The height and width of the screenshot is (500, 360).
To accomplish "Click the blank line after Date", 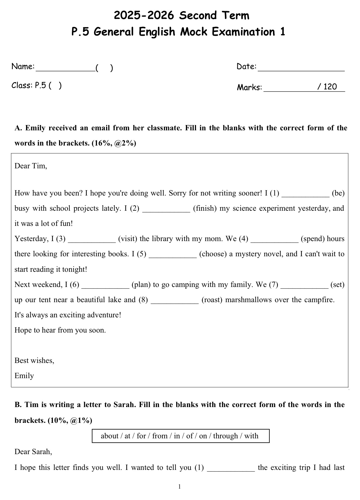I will click(301, 70).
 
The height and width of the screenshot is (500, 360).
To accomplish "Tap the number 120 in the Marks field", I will click(330, 87).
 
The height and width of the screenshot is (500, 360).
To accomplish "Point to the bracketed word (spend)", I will click(313, 239).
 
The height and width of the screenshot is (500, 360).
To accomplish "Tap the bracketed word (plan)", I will click(141, 285).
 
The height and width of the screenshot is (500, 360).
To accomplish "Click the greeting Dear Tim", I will click(31, 166).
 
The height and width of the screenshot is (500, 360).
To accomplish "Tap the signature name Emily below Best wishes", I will click(24, 376).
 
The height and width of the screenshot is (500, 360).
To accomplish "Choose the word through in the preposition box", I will click(225, 436).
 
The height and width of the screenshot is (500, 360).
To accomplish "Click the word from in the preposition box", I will click(160, 436).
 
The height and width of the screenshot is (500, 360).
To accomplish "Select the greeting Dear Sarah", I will click(33, 452).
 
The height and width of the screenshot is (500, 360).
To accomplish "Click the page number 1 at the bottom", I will click(179, 487).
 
